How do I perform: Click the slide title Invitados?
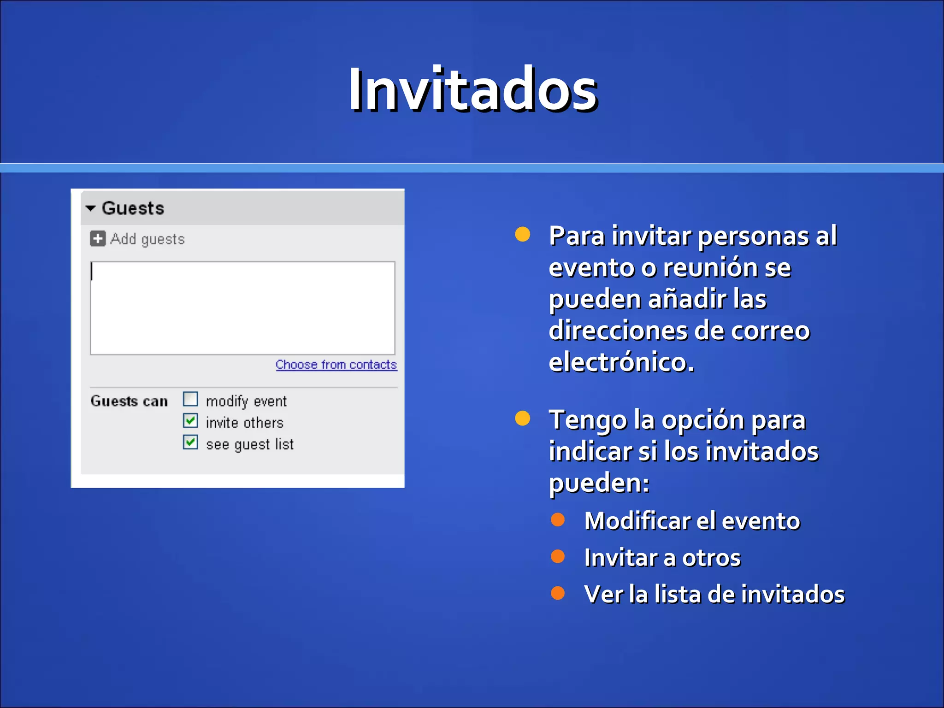click(472, 90)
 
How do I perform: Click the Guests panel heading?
click(133, 208)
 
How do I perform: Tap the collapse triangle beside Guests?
click(91, 208)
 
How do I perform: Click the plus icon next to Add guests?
click(97, 239)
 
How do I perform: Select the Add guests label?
click(147, 239)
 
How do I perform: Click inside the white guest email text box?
click(242, 308)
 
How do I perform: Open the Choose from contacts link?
click(336, 365)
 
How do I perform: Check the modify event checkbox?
click(190, 399)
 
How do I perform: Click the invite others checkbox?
click(190, 421)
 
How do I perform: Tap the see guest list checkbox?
click(190, 442)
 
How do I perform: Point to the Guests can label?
click(129, 401)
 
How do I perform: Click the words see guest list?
click(249, 444)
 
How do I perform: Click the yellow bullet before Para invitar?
click(522, 234)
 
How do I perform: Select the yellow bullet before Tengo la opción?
click(522, 418)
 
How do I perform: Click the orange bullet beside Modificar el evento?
click(558, 519)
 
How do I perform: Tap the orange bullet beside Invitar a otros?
click(558, 556)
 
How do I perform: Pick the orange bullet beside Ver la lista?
click(558, 593)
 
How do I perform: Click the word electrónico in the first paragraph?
click(621, 362)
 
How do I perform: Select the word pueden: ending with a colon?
click(599, 483)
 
